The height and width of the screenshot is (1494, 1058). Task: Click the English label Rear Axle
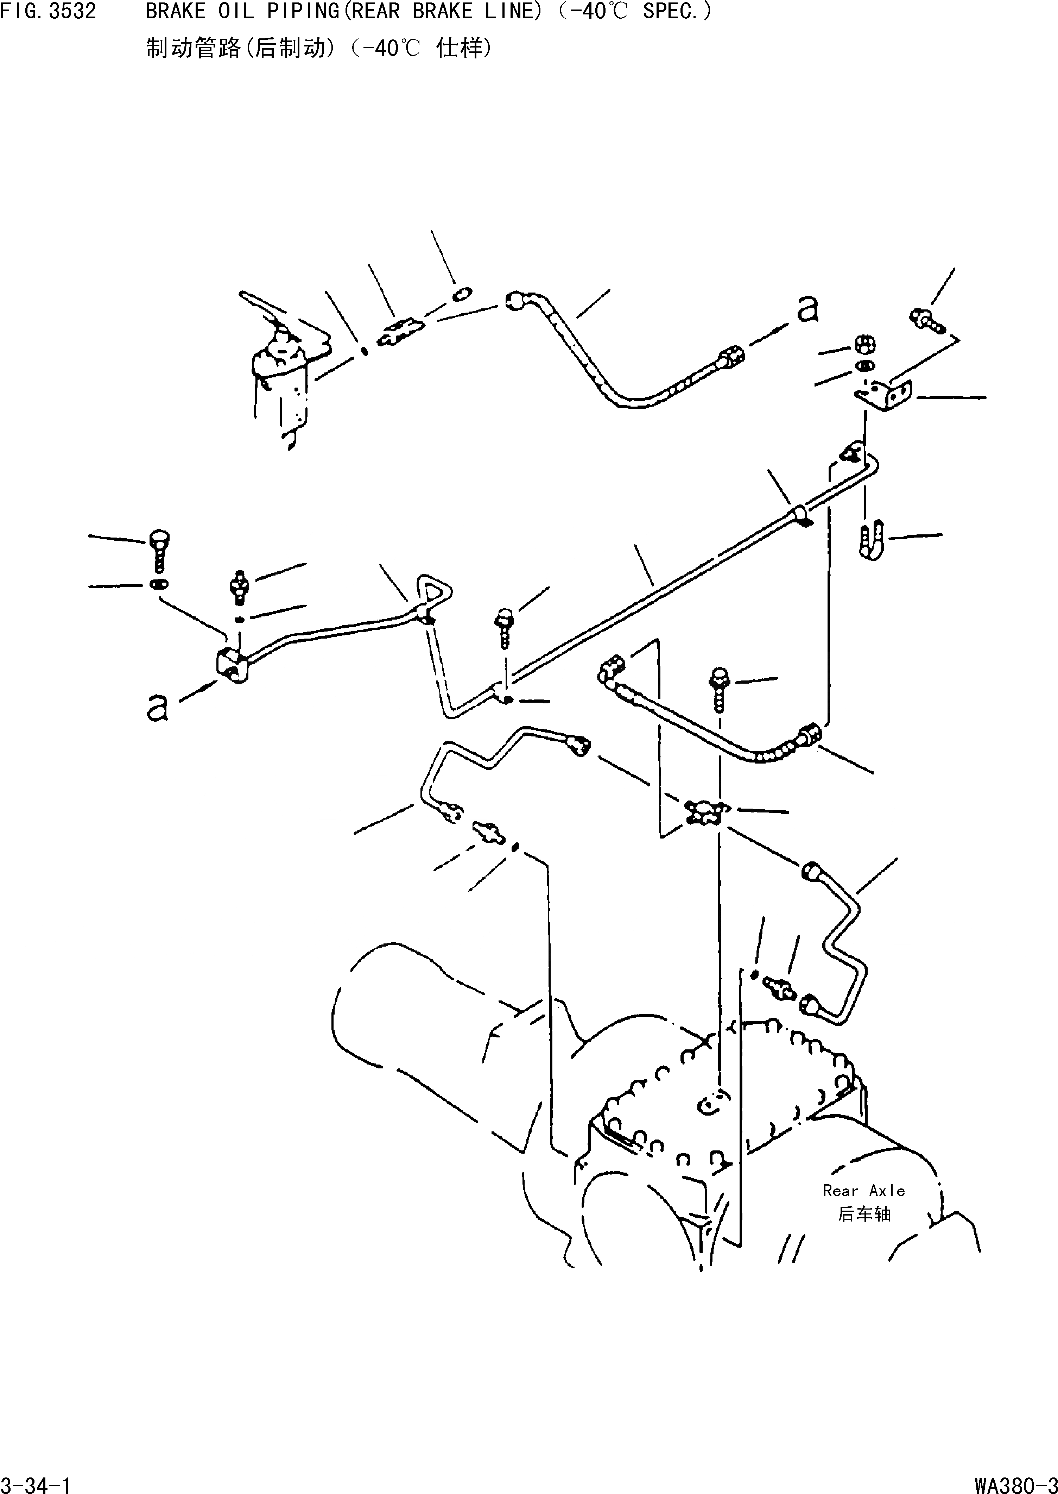click(864, 1191)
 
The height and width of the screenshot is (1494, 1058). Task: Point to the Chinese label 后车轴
click(864, 1215)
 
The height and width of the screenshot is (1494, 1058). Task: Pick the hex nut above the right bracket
click(865, 344)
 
